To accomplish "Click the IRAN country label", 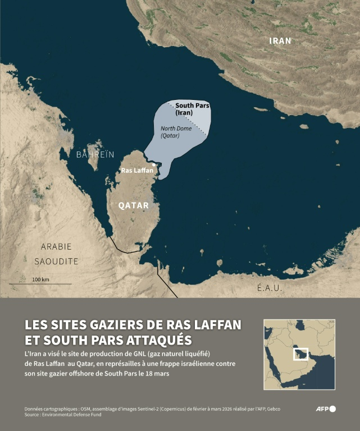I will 281,40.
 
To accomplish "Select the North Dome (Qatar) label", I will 174,131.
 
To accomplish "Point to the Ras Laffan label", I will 137,170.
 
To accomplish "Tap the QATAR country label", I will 134,205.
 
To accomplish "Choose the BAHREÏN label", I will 95,154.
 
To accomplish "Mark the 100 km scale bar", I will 40,283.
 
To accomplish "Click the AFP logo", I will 325,409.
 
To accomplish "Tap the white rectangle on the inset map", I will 301,354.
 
